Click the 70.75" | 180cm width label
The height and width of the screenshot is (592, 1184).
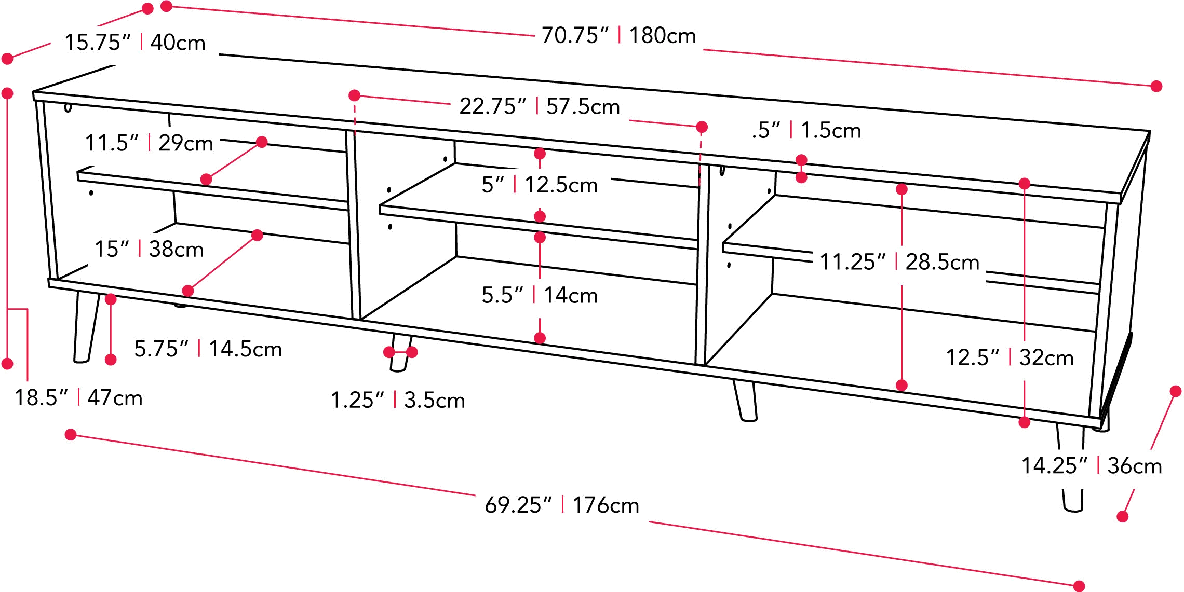click(618, 36)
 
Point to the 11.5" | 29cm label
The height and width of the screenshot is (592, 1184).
click(149, 143)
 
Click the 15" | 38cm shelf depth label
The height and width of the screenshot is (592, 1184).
click(149, 250)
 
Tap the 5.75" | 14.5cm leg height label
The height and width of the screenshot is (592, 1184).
click(208, 349)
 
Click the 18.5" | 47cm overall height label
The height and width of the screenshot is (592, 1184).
click(78, 398)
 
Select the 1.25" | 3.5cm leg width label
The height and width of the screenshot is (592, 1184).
click(397, 401)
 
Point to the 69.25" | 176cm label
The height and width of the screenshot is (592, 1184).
click(562, 505)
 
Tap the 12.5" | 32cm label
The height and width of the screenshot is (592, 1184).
click(1008, 357)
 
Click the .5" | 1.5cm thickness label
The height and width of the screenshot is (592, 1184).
click(808, 131)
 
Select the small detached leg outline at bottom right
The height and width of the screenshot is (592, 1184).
click(1072, 502)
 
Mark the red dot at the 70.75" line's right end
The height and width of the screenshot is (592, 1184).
click(1156, 87)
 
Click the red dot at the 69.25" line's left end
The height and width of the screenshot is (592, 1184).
click(71, 434)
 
